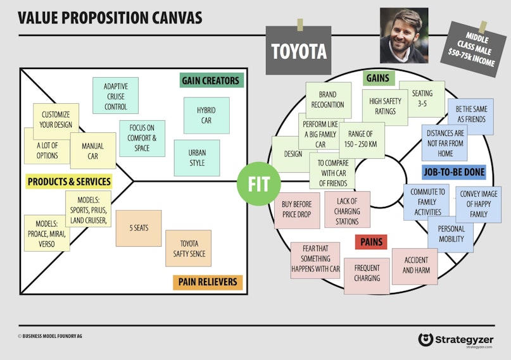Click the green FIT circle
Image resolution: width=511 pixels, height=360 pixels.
pyautogui.click(x=259, y=184)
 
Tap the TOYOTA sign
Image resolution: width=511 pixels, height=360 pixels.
pyautogui.click(x=298, y=51)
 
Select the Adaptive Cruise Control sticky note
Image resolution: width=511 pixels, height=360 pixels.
pyautogui.click(x=115, y=96)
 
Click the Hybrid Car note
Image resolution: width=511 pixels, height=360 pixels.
pyautogui.click(x=206, y=116)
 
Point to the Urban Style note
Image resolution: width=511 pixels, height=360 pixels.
pyautogui.click(x=197, y=158)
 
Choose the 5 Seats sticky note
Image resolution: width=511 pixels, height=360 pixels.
pyautogui.click(x=139, y=228)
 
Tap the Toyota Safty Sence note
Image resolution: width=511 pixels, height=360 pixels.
pyautogui.click(x=188, y=249)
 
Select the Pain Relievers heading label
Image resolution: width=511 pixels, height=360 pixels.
pyautogui.click(x=208, y=282)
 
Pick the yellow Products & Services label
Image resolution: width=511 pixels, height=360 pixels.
pyautogui.click(x=69, y=182)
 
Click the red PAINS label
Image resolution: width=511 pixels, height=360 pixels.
pyautogui.click(x=371, y=242)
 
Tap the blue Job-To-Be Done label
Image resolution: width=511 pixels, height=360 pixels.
pyautogui.click(x=454, y=172)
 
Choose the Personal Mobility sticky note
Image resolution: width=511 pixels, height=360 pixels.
pyautogui.click(x=451, y=234)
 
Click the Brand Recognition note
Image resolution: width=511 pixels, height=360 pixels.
pyautogui.click(x=329, y=100)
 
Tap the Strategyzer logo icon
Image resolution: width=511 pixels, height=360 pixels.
pyautogui.click(x=426, y=340)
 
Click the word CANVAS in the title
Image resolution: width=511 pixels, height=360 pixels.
pyautogui.click(x=177, y=18)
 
